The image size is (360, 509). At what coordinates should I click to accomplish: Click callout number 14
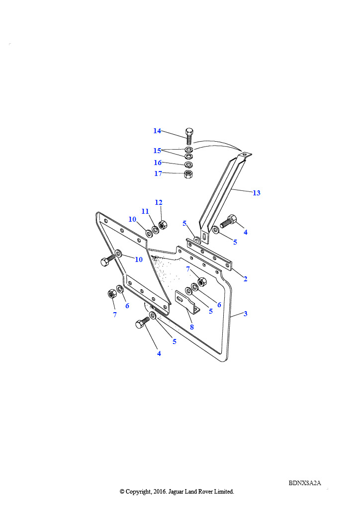[157, 131]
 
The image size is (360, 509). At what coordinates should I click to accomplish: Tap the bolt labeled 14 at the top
[189, 136]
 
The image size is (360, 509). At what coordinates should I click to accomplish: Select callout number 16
[158, 163]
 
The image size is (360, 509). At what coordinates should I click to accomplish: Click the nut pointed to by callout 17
[188, 174]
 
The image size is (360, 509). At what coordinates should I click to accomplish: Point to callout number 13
[257, 193]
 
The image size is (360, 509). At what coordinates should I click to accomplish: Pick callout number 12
[159, 202]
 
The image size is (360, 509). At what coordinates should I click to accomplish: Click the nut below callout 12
[163, 225]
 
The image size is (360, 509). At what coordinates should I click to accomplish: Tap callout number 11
[145, 211]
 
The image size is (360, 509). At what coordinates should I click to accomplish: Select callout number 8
[192, 327]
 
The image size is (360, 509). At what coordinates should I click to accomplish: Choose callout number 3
[246, 314]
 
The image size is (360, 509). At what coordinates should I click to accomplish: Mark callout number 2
[246, 279]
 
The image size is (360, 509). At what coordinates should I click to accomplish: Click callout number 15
[157, 151]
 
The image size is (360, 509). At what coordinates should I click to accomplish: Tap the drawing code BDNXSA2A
[305, 483]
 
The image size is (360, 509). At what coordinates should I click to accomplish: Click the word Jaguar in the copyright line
[176, 492]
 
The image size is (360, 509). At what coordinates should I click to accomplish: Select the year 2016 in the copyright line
[159, 492]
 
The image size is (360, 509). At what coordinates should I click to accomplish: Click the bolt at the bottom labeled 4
[143, 323]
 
